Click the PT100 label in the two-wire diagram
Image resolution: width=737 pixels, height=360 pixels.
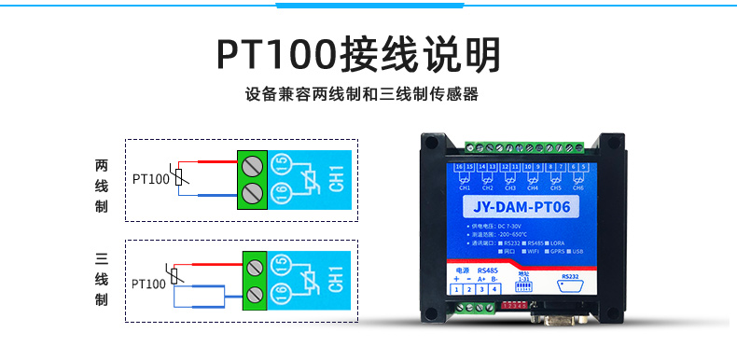click(150, 178)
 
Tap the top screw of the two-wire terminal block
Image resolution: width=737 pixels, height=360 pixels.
click(251, 165)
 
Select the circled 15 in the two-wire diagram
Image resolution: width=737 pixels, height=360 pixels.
click(280, 164)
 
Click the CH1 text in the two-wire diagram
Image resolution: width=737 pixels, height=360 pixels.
click(337, 180)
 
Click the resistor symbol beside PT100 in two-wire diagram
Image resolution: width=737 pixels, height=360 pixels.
click(183, 177)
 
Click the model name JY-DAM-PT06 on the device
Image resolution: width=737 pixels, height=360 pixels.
click(521, 207)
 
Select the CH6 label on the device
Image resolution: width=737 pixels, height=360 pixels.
click(580, 187)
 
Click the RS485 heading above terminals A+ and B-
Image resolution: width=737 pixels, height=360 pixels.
click(487, 270)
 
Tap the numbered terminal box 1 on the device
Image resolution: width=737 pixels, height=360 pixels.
click(456, 290)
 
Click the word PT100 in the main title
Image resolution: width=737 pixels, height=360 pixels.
click(276, 55)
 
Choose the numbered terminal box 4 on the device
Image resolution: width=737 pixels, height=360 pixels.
click(494, 290)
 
